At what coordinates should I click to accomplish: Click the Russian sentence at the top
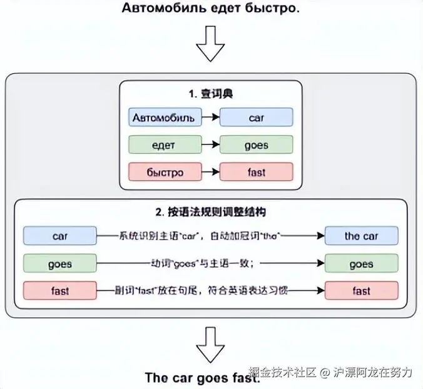[211, 9]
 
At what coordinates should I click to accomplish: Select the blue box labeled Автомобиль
[165, 118]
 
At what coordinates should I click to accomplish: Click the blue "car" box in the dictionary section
[257, 118]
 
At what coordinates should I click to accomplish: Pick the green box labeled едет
[165, 145]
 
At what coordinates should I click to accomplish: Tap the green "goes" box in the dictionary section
[257, 145]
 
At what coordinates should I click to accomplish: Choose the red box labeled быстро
[165, 172]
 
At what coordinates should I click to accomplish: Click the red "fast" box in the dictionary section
[257, 172]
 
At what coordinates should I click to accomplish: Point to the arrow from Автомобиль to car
[211, 118]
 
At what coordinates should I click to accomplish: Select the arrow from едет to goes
[211, 145]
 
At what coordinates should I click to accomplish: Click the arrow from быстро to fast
[211, 172]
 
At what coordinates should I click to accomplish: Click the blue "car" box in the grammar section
[60, 236]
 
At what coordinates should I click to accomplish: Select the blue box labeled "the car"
[361, 236]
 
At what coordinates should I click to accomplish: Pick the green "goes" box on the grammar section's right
[361, 264]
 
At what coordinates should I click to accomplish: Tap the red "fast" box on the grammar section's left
[60, 291]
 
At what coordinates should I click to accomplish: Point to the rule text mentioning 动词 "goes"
[201, 264]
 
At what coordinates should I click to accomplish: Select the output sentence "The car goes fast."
[201, 378]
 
